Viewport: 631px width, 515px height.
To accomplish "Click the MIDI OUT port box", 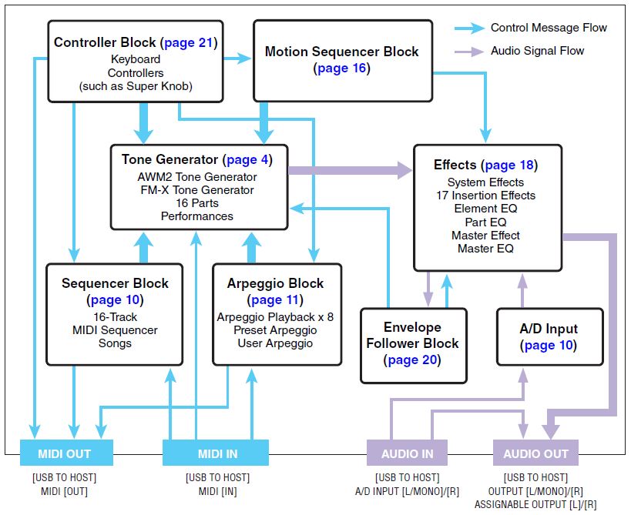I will (x=65, y=453).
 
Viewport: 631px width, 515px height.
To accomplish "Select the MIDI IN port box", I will (x=215, y=453).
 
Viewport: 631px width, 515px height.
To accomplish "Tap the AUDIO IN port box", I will (x=408, y=453).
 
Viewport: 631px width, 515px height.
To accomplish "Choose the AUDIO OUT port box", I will (x=535, y=453).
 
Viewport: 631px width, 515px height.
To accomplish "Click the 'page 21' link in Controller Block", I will (x=190, y=42).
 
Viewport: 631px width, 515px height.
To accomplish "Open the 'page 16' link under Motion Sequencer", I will (x=342, y=69).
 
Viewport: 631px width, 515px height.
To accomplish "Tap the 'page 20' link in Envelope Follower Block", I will (x=414, y=359).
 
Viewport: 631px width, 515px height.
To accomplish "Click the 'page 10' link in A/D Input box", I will (x=549, y=346).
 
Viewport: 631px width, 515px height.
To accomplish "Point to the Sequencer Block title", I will (x=115, y=283).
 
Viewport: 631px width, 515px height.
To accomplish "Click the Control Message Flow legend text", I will (x=549, y=28).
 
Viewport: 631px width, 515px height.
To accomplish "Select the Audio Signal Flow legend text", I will (x=537, y=51).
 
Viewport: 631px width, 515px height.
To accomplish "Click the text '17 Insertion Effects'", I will (x=485, y=196).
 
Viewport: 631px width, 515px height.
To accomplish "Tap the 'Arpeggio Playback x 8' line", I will (x=275, y=316).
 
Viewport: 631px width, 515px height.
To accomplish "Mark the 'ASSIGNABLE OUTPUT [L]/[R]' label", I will (x=535, y=503).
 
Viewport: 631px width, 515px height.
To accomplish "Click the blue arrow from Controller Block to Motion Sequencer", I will (x=238, y=58).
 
